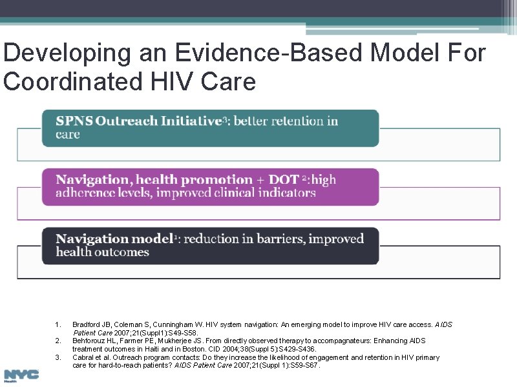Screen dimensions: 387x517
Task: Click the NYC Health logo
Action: pyautogui.click(x=21, y=375)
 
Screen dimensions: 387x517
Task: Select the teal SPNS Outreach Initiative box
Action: pyautogui.click(x=211, y=128)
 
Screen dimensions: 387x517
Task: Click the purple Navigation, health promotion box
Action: pyautogui.click(x=211, y=186)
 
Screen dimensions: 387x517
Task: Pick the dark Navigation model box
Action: pyautogui.click(x=211, y=246)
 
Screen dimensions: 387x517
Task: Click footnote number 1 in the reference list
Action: pyautogui.click(x=58, y=324)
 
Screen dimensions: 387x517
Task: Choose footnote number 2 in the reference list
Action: pyautogui.click(x=58, y=341)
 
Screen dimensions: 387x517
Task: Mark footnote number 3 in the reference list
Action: pyautogui.click(x=58, y=357)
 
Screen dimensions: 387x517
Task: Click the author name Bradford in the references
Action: pyautogui.click(x=85, y=324)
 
